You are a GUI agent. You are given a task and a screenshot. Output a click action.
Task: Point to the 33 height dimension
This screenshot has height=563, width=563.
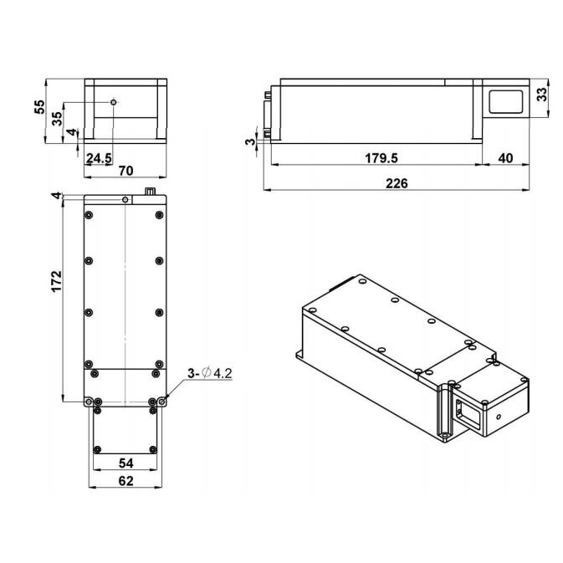541,94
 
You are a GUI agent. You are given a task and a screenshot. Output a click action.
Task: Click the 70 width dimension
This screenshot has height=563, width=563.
126,171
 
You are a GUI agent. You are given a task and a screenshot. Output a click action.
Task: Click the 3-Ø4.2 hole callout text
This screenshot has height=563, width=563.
210,373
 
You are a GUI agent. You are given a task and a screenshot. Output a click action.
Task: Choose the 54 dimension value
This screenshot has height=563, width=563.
125,463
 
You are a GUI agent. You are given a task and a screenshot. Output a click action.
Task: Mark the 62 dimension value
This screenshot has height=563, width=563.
125,480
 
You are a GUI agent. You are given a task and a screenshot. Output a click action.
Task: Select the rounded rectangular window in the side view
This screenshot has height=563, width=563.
504,102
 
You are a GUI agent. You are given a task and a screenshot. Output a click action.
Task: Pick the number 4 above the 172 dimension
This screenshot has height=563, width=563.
55,196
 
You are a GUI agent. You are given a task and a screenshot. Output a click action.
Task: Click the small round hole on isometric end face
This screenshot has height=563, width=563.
499,415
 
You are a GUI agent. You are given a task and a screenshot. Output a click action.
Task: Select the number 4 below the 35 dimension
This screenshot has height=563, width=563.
72,133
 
